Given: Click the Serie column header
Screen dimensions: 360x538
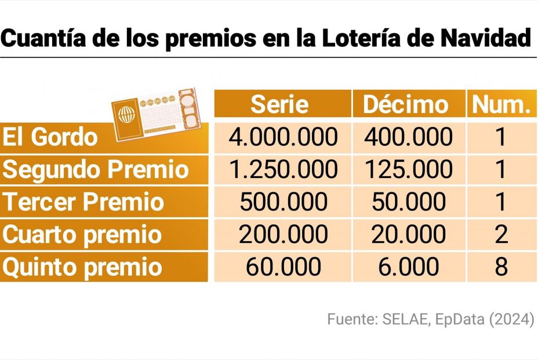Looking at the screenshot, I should pos(282,104).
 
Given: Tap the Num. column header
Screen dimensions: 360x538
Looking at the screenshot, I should pos(501,104).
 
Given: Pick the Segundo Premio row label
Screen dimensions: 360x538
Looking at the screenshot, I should pos(96,170).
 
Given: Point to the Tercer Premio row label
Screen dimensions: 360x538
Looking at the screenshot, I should pos(85,202).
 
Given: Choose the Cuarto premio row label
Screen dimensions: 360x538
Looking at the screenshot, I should pos(82,235).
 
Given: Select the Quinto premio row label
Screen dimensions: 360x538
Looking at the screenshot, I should pos(82,267).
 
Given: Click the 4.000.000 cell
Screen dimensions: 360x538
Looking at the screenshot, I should pos(282,137).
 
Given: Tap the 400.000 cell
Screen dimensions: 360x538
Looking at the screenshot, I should pos(409,137).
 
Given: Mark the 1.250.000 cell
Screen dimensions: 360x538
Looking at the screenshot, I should pos(282,169).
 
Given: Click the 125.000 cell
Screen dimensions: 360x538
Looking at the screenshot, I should pos(409,169).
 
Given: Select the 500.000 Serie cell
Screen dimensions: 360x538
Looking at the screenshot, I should pos(282,202).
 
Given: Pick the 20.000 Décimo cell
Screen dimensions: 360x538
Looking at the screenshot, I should pos(409,234).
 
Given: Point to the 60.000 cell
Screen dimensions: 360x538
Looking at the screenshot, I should pos(282,267).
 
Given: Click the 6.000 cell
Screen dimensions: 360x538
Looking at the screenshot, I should pos(409,267).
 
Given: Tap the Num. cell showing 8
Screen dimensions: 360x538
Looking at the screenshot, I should pos(501,267).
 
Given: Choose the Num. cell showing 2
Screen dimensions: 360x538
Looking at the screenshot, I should pos(501,234).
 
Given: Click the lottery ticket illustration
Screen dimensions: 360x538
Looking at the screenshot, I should pos(157,114).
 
